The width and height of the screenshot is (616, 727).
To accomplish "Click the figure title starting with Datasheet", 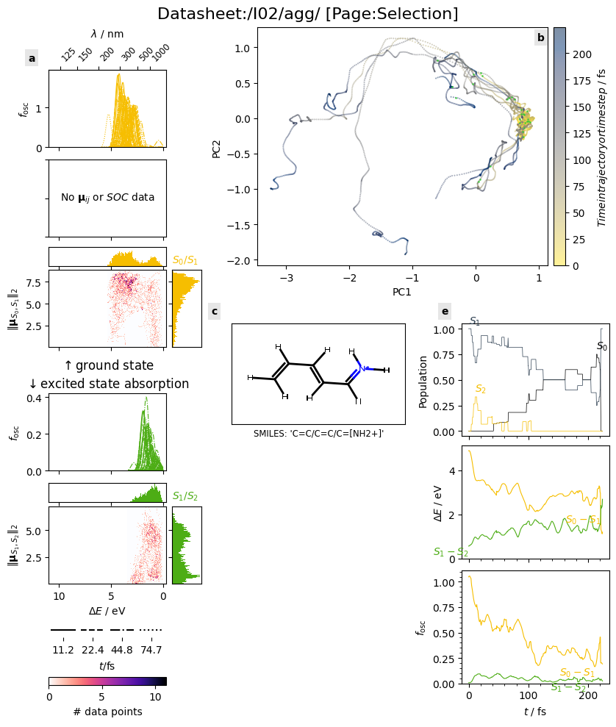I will click(308, 14).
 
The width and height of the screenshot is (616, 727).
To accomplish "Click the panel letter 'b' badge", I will click(541, 37).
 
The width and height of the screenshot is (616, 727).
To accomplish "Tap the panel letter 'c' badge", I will click(215, 312).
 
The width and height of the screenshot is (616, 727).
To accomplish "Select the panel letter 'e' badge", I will click(445, 312).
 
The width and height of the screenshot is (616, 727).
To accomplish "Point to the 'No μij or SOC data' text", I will click(107, 197).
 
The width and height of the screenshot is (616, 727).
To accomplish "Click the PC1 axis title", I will click(402, 293).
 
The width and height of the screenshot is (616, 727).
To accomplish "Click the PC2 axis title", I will click(216, 146).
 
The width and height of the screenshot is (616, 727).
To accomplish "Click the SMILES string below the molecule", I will click(318, 434).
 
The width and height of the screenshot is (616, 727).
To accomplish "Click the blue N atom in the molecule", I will click(364, 368).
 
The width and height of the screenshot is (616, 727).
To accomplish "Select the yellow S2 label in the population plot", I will click(480, 389).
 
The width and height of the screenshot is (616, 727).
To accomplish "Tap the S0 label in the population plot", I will click(602, 346).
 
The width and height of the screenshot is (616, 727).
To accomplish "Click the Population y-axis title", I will click(423, 382).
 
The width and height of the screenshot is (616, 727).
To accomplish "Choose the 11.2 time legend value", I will click(63, 650).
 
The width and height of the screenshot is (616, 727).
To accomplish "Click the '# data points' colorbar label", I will click(107, 712).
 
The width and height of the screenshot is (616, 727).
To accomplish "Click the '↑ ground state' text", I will click(109, 365).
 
